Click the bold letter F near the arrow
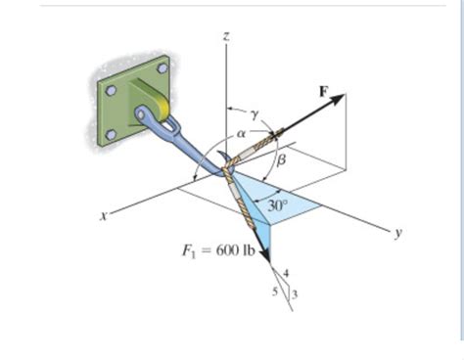point(324,90)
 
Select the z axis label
point(226,36)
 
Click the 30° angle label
point(279,206)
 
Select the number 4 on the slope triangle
point(286,272)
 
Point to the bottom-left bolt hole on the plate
point(112,134)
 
